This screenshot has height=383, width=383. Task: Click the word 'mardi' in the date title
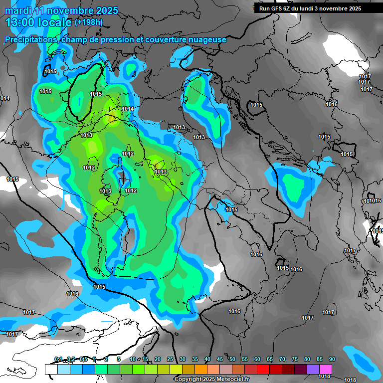click(x=18, y=10)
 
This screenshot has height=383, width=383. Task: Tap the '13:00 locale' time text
click(x=39, y=22)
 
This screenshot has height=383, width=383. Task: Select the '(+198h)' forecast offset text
click(x=89, y=22)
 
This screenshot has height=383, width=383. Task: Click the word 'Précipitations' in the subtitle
click(x=30, y=39)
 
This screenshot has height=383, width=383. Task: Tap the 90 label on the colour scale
click(x=332, y=359)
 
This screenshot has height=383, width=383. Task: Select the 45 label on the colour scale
click(x=220, y=359)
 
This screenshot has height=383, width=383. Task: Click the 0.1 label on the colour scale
click(x=58, y=359)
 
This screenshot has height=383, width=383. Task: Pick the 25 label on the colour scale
click(x=170, y=359)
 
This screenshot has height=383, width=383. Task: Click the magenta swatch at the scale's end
click(x=326, y=369)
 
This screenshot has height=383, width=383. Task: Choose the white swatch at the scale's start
click(x=51, y=369)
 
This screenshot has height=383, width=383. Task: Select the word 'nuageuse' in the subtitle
click(x=208, y=39)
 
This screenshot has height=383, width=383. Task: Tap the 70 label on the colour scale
click(x=282, y=359)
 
